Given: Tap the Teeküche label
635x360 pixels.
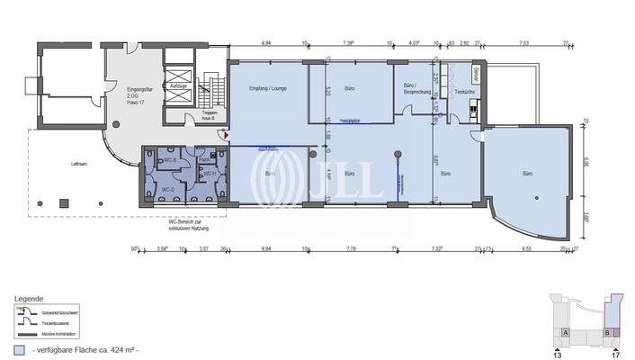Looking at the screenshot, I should pos(465,93).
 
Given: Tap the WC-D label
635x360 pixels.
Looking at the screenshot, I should pos(167,189).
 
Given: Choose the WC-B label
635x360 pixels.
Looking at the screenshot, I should pos(168,159).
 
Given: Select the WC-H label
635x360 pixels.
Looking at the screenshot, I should pos(208,173).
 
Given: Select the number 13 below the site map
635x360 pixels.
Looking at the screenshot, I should pos(558,355).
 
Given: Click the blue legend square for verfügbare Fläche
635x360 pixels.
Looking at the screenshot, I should pos(19,348).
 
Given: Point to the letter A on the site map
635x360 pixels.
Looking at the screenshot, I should pos(564,332).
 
